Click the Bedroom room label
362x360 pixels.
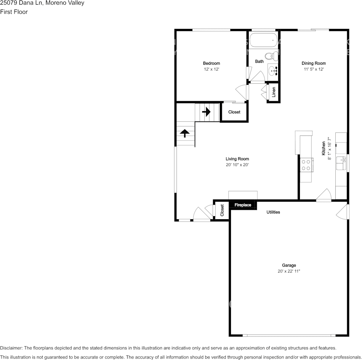tap(211, 63)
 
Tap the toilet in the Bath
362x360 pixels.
tap(270, 56)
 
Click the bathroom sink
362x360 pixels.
tap(273, 70)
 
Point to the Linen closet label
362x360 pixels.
tap(274, 92)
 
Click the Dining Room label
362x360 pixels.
tap(314, 63)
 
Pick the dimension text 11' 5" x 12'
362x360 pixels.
tap(314, 69)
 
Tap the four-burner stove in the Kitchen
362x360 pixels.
tap(306, 164)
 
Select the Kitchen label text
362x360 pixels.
tap(324, 148)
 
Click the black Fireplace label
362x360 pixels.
tap(243, 205)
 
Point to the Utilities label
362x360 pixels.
tap(273, 212)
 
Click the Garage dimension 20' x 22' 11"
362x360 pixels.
tap(289, 271)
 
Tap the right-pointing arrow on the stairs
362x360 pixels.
tap(206, 112)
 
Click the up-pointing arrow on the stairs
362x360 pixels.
tap(185, 133)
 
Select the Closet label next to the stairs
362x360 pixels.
tap(234, 112)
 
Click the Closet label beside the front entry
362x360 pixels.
tap(222, 210)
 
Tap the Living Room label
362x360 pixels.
tap(237, 159)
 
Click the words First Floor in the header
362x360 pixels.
tap(14, 12)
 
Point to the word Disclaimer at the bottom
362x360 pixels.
tap(11, 348)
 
